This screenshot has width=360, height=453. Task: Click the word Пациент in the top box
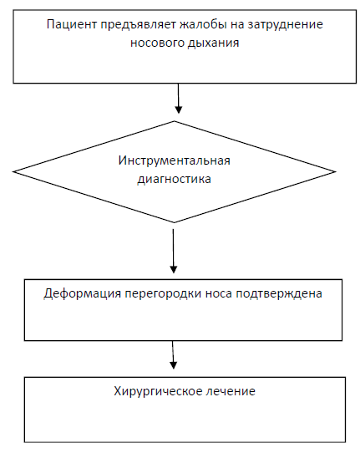tap(72, 25)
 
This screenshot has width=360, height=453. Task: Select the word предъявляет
tap(138, 25)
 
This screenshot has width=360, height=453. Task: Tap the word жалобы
tap(203, 24)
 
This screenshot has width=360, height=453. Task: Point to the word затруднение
tap(285, 25)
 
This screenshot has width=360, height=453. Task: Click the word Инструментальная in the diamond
tap(174, 160)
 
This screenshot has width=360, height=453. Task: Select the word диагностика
tap(174, 179)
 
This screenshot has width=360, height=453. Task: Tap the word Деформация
tap(83, 293)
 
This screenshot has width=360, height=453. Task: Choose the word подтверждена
tap(279, 293)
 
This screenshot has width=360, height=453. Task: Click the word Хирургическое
tap(158, 391)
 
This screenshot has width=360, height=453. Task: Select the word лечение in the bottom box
tap(231, 391)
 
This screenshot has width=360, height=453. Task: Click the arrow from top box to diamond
tap(179, 99)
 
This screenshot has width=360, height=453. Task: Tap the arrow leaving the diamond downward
tap(173, 251)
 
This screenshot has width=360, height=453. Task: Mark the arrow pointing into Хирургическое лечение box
tap(173, 354)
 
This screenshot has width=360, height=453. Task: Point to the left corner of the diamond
tap(13, 171)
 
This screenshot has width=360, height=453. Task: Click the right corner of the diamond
tap(335, 172)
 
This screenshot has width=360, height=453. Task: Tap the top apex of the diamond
tap(175, 121)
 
